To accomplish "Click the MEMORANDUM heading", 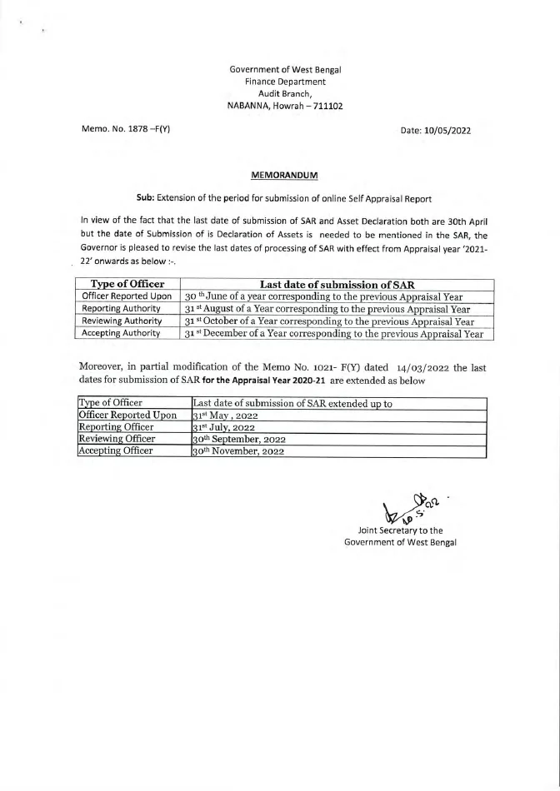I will [279, 176].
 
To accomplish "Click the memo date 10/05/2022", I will [451, 131].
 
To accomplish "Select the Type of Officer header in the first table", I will [127, 285].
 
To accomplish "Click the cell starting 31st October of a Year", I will [329, 321].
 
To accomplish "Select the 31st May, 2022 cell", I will [221, 415].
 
